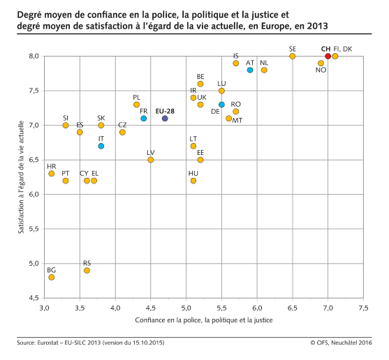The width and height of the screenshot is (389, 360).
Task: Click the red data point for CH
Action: pyautogui.click(x=328, y=57)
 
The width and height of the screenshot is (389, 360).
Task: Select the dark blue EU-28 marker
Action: pyautogui.click(x=165, y=119)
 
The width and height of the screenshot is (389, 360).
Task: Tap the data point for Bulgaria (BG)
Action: pyautogui.click(x=52, y=277)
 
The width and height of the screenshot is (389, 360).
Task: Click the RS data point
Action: pyautogui.click(x=87, y=270)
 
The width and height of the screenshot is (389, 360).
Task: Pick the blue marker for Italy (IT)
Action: pyautogui.click(x=101, y=146)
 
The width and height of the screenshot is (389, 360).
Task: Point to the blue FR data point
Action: pyautogui.click(x=144, y=119)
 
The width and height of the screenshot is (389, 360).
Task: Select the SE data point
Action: pyautogui.click(x=293, y=57)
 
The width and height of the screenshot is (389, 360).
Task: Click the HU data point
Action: pyautogui.click(x=193, y=181)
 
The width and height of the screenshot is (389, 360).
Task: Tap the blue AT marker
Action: pyautogui.click(x=250, y=70)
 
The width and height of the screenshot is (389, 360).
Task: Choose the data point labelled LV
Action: pyautogui.click(x=151, y=160)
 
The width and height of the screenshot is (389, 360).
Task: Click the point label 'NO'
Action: pyautogui.click(x=321, y=71)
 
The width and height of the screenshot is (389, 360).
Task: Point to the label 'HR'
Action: pyautogui.click(x=52, y=166)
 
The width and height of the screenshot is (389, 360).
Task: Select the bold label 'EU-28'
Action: pyautogui.click(x=165, y=110)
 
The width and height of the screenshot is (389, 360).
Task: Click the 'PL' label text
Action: pyautogui.click(x=137, y=97)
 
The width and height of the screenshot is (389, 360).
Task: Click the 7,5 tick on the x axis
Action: pyautogui.click(x=363, y=308)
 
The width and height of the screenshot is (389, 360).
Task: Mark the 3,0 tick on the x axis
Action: pyautogui.click(x=45, y=308)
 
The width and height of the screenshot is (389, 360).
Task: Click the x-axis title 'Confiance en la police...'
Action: pyautogui.click(x=204, y=320)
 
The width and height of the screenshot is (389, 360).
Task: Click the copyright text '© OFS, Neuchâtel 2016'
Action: pyautogui.click(x=342, y=343)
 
